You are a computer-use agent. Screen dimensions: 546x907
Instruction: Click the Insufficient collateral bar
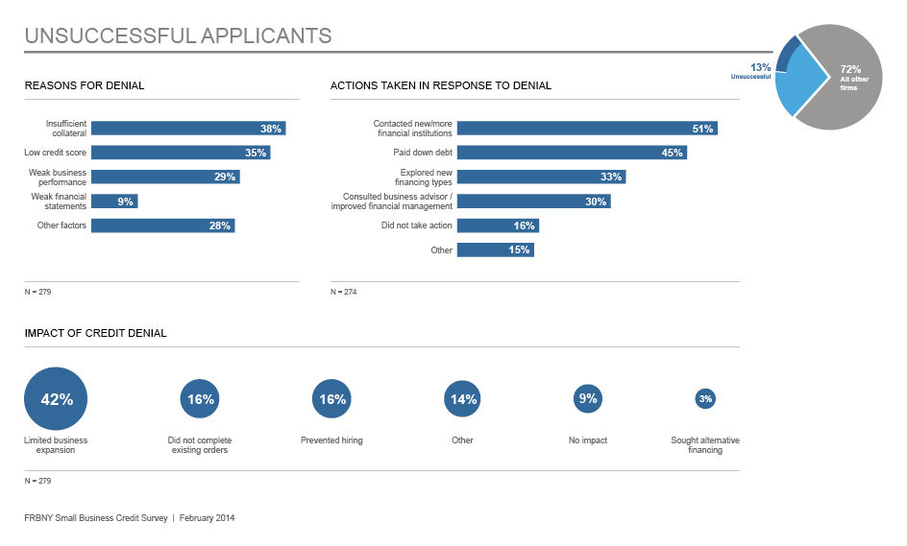tap(187, 129)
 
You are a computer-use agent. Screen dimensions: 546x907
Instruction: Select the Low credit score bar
tap(180, 153)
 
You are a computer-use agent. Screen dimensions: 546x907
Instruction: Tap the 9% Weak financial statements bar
tap(113, 202)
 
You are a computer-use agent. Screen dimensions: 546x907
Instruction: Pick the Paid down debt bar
tap(571, 153)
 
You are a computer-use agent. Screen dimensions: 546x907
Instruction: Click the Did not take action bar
tap(497, 226)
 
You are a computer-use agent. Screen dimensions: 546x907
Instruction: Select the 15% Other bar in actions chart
tap(494, 249)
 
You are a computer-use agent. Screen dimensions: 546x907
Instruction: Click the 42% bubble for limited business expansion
tap(56, 399)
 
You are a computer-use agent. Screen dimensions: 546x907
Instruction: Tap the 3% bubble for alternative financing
tap(705, 399)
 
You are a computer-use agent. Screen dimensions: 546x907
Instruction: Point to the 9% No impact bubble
tap(587, 399)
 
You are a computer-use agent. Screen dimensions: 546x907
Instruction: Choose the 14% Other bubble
tap(462, 399)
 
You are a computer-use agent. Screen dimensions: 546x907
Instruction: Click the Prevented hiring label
tap(331, 440)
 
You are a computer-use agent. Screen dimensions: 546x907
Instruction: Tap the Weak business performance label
tap(58, 177)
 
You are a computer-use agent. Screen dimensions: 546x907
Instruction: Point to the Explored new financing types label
tap(426, 177)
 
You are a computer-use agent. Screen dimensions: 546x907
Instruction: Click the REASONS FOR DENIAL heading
tap(85, 85)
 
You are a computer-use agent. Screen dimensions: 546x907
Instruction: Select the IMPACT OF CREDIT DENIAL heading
tap(95, 333)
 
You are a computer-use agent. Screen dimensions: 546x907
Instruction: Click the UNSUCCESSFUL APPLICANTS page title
tap(178, 36)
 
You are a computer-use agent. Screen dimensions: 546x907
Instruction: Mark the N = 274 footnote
tap(343, 292)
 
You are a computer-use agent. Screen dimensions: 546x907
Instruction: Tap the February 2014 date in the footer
tap(207, 518)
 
